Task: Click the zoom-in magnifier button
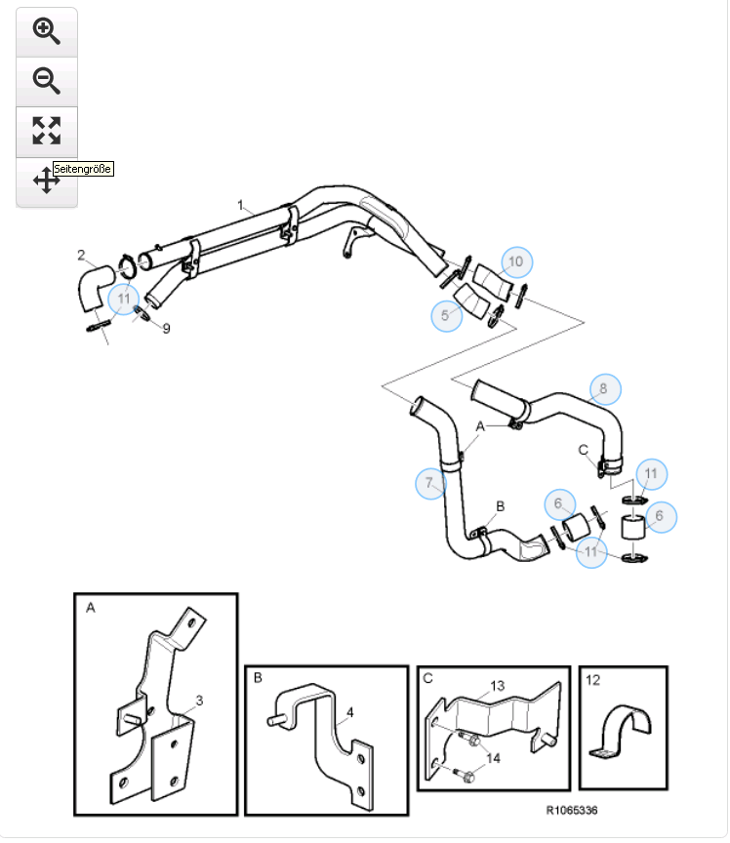(47, 31)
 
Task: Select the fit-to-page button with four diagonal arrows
(47, 131)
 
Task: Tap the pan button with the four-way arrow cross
(47, 181)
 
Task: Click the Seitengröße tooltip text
(83, 169)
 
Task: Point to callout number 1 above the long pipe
(239, 205)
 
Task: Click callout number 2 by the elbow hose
(81, 255)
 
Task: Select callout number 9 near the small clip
(166, 329)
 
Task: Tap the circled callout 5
(445, 315)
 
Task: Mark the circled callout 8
(603, 388)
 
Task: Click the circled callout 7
(429, 483)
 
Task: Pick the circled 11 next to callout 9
(124, 298)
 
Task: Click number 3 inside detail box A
(199, 700)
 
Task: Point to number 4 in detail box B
(349, 712)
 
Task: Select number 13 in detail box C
(497, 686)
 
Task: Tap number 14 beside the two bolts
(491, 757)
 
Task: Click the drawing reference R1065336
(571, 810)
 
